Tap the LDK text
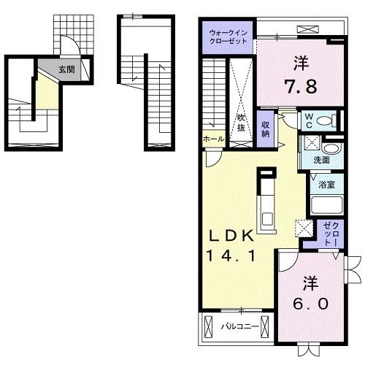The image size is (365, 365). coord(231,237)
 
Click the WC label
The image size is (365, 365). coord(309,119)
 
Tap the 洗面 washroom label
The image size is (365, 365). coord(323,160)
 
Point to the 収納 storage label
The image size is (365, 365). coord(266,129)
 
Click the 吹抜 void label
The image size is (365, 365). coord(240,123)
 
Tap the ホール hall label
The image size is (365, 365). coord(212,139)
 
